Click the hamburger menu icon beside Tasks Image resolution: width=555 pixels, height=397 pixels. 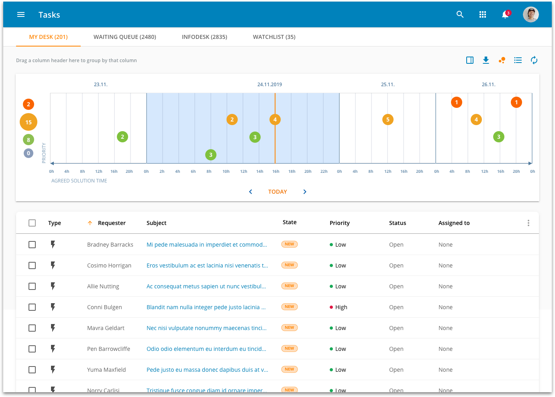[21, 15]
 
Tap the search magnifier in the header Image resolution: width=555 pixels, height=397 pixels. [460, 15]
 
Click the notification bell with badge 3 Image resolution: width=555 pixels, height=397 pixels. [505, 15]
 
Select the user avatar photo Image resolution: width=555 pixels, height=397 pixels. [531, 15]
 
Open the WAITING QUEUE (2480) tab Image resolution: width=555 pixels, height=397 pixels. [125, 37]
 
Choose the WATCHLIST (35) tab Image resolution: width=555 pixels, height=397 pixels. [274, 37]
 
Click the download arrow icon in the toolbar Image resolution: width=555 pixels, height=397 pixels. [486, 60]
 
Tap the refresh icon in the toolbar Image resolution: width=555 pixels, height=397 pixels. [534, 60]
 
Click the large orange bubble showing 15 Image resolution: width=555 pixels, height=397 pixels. [29, 122]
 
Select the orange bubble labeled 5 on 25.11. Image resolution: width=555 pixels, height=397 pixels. [388, 120]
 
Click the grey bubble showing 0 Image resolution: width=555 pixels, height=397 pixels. [29, 153]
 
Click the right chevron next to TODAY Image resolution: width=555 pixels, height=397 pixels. [305, 192]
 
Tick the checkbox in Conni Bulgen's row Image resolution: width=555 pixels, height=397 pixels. [32, 307]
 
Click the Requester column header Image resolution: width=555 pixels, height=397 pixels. [112, 223]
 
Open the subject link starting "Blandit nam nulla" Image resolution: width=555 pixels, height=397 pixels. [206, 307]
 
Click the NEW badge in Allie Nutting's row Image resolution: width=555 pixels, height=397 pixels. [290, 286]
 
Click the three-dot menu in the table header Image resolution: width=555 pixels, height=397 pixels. [528, 223]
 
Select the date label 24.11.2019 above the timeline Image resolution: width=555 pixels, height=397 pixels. [269, 85]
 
